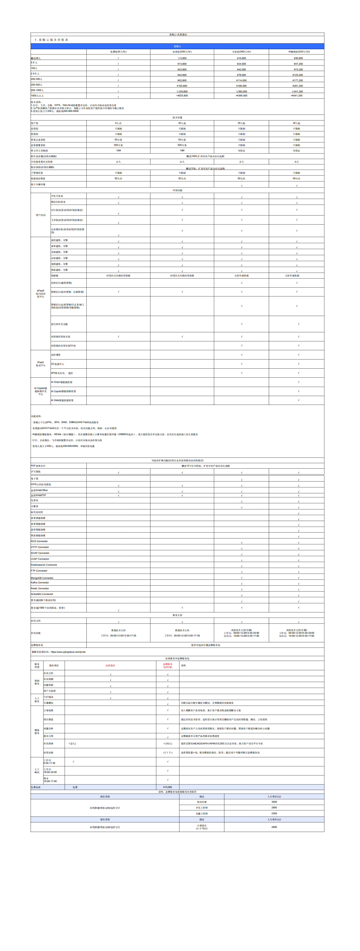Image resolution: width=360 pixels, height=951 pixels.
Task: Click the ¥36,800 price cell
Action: (x=298, y=58)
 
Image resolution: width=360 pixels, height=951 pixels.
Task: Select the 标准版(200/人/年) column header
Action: (x=182, y=52)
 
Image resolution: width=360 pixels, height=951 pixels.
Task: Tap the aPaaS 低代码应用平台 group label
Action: (x=41, y=293)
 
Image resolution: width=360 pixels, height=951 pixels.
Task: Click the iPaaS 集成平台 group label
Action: (x=41, y=364)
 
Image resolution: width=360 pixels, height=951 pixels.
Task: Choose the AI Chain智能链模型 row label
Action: (x=62, y=382)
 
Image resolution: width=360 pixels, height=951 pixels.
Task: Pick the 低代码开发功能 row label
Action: (x=60, y=324)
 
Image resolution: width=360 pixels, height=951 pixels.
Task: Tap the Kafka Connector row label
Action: (x=40, y=583)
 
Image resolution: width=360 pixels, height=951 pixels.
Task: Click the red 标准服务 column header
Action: (x=110, y=666)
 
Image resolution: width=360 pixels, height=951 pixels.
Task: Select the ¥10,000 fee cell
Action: (x=168, y=787)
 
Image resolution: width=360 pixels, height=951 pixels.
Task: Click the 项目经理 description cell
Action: (x=202, y=802)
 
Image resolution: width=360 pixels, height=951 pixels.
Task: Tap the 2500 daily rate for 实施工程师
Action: (x=274, y=813)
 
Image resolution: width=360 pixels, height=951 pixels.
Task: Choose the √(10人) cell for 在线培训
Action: (x=168, y=743)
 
